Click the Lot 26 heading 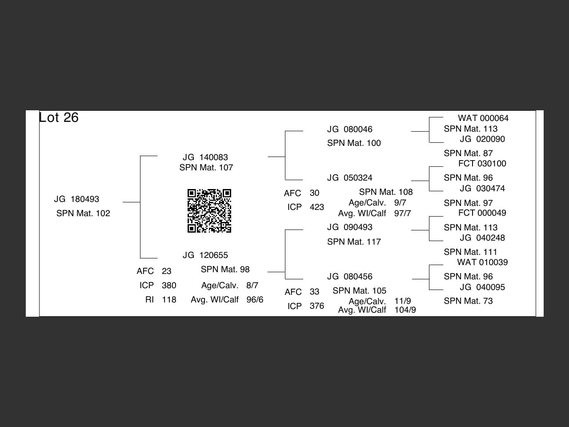point(59,117)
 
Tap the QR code point(209,211)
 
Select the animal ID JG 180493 point(76,199)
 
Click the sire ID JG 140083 point(205,157)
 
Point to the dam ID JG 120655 point(205,255)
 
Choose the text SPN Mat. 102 point(83,213)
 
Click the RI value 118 point(169,300)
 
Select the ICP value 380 point(169,286)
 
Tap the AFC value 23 point(166,271)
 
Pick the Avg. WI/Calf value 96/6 point(255,300)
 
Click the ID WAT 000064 point(483,118)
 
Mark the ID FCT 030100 point(482,164)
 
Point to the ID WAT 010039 point(482,262)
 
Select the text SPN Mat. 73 point(468,301)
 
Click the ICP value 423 point(317,207)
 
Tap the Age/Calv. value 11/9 point(402,301)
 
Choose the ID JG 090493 point(349,227)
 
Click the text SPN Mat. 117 point(354,242)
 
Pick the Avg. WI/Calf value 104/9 point(405,310)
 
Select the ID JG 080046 point(349,129)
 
